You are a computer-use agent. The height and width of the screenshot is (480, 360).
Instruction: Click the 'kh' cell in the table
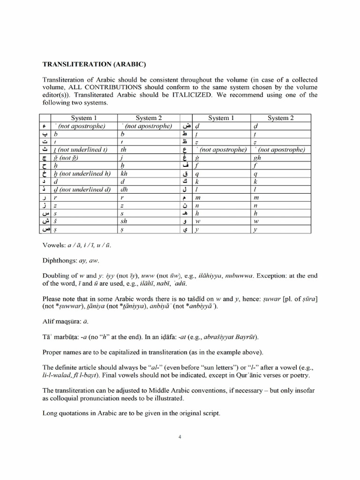124,173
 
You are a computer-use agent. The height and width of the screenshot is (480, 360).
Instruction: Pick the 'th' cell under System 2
124,150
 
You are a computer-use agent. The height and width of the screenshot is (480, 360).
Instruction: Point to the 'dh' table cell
124,190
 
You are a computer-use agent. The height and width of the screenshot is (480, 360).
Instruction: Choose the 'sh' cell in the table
124,222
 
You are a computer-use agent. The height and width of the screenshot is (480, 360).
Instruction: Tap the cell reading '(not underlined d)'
84,190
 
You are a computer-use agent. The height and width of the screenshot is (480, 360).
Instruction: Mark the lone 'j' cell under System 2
122,157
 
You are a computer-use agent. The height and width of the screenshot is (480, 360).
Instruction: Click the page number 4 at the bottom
180,437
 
